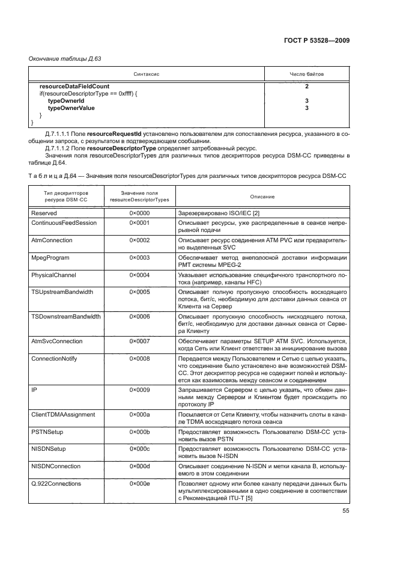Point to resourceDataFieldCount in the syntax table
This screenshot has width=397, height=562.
coord(74,87)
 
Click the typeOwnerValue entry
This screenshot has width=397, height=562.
coord(71,108)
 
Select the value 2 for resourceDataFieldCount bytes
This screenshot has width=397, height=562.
coord(306,87)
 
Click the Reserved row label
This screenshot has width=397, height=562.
coord(44,213)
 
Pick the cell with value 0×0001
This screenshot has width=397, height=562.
coord(139,222)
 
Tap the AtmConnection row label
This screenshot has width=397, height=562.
coord(52,240)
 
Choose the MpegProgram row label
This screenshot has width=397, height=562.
coord(50,257)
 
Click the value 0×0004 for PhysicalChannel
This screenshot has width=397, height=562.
coord(139,275)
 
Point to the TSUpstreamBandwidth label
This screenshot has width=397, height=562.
coord(62,292)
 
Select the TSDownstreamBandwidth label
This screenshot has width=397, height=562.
coord(65,316)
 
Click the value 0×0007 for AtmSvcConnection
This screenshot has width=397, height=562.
coord(139,340)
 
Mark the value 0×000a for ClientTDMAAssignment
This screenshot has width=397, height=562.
coord(139,414)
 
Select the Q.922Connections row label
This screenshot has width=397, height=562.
coord(56,483)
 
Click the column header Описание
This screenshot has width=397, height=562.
coord(259,197)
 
